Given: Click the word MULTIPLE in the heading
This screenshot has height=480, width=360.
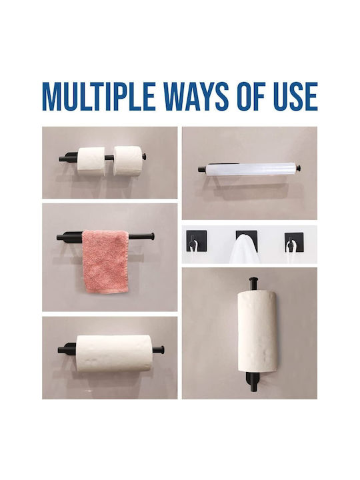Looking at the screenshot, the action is pos(99,96).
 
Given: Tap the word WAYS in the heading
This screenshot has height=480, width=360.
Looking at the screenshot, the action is pos(196,96).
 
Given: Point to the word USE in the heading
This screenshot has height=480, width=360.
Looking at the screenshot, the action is pos(295,96).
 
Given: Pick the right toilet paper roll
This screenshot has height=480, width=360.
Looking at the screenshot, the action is pos(128,160).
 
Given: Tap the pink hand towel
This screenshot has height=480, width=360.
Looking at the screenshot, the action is pos(105,261).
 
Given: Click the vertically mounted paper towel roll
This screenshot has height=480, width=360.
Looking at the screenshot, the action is pos(257,336).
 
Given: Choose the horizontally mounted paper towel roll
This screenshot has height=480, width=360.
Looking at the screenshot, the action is pos(114,353).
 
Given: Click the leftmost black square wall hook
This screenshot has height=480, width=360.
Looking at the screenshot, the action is pos(196,241).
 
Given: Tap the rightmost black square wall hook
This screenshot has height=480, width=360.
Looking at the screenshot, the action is pos(294,242).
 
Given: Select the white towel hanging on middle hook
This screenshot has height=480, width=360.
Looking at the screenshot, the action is pos(245,251).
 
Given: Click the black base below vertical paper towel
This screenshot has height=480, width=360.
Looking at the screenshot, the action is pos(253,382).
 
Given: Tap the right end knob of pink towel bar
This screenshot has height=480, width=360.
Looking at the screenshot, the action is pos(151,236).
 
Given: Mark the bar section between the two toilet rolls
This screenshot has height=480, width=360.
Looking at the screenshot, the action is pos(109,157).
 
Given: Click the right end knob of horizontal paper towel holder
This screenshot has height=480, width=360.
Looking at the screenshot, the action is pos(161,349).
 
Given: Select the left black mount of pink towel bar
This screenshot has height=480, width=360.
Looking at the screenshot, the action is pos(70,237).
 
